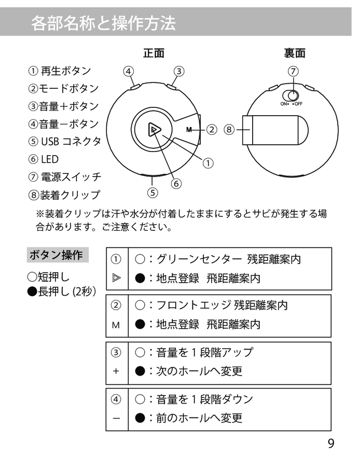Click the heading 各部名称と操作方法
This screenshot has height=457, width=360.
coord(103,23)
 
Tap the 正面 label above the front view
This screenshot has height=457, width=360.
coord(154,53)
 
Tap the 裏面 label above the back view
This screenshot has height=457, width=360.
coord(294,53)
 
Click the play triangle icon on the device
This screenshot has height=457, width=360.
coord(154,129)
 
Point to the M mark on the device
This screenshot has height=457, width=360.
coord(189,129)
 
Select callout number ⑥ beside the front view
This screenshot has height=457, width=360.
coord(176,183)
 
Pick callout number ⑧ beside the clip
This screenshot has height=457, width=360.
coord(230,129)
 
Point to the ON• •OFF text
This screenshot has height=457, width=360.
coord(291,104)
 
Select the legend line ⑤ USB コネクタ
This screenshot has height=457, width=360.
coord(64,141)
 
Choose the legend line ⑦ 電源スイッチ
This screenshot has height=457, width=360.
coord(64,176)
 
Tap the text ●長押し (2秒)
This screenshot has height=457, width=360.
coord(62,291)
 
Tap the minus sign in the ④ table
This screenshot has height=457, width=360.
coord(116,418)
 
